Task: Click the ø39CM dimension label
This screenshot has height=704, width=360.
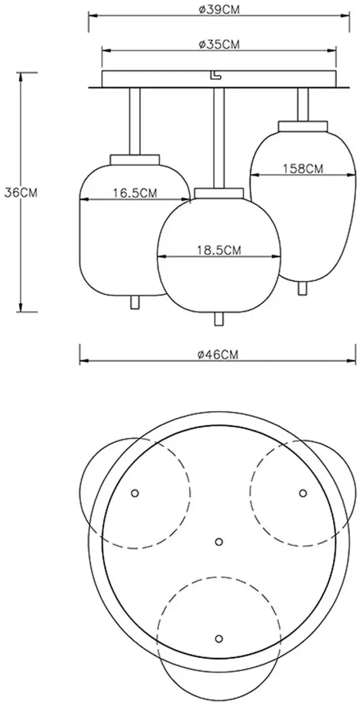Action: coord(219,10)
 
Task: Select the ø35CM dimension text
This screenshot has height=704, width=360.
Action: coord(219,45)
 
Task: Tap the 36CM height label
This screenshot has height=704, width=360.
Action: coord(21,192)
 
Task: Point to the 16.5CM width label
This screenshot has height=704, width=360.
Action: coord(135,192)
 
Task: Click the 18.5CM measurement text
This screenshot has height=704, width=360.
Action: coord(219,250)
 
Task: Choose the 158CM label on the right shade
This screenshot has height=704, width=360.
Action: coord(303,169)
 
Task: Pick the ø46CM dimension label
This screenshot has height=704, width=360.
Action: coord(218,354)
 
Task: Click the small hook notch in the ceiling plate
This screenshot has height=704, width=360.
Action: coord(215,75)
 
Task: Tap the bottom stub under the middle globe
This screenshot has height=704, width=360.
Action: coord(219,319)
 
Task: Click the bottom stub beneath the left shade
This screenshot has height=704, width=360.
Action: coord(135,302)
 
